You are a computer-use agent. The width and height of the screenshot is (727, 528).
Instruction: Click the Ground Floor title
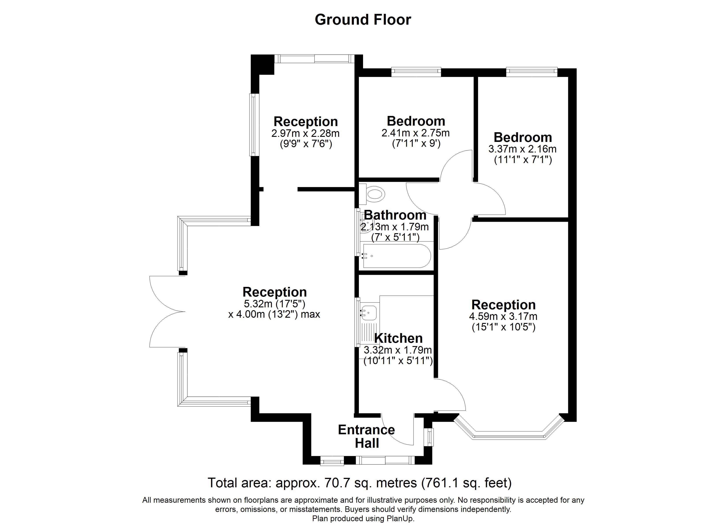[363, 20]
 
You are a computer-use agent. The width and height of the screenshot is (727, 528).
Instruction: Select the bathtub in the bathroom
[396, 256]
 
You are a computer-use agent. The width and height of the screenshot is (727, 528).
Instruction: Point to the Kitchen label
[399, 338]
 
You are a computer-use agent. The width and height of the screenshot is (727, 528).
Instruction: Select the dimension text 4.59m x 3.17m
[503, 316]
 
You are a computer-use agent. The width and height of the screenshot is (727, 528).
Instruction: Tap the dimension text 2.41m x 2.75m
[415, 133]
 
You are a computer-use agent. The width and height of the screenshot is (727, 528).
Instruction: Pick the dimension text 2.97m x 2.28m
[306, 133]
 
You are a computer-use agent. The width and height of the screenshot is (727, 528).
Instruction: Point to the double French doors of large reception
[167, 311]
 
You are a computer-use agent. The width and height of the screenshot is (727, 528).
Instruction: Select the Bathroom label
[395, 215]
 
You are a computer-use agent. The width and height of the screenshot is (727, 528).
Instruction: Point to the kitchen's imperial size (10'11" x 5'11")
[398, 361]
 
